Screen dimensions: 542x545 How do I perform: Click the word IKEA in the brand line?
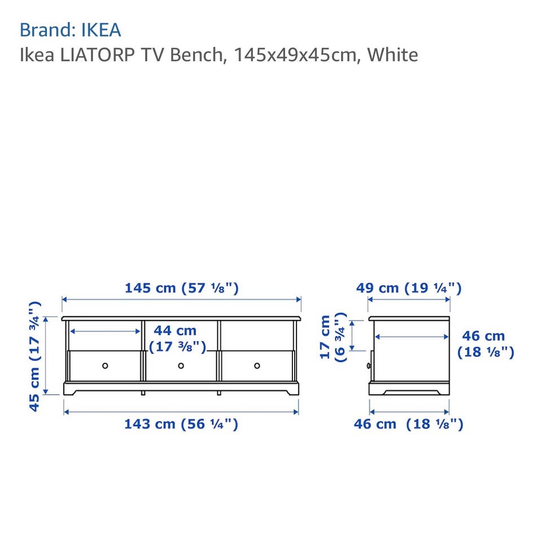(101, 30)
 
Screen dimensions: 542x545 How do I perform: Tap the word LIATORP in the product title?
(97, 55)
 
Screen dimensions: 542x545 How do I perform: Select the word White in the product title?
(392, 55)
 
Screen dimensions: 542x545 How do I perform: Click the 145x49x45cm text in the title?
(295, 55)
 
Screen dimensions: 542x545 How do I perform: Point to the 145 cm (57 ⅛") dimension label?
(182, 288)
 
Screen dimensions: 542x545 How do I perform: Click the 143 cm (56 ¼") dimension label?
(181, 424)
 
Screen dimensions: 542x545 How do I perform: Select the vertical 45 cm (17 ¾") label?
(34, 357)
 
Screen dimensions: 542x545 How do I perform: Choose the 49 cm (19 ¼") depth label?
(409, 288)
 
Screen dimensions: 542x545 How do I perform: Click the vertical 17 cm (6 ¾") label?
(333, 337)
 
